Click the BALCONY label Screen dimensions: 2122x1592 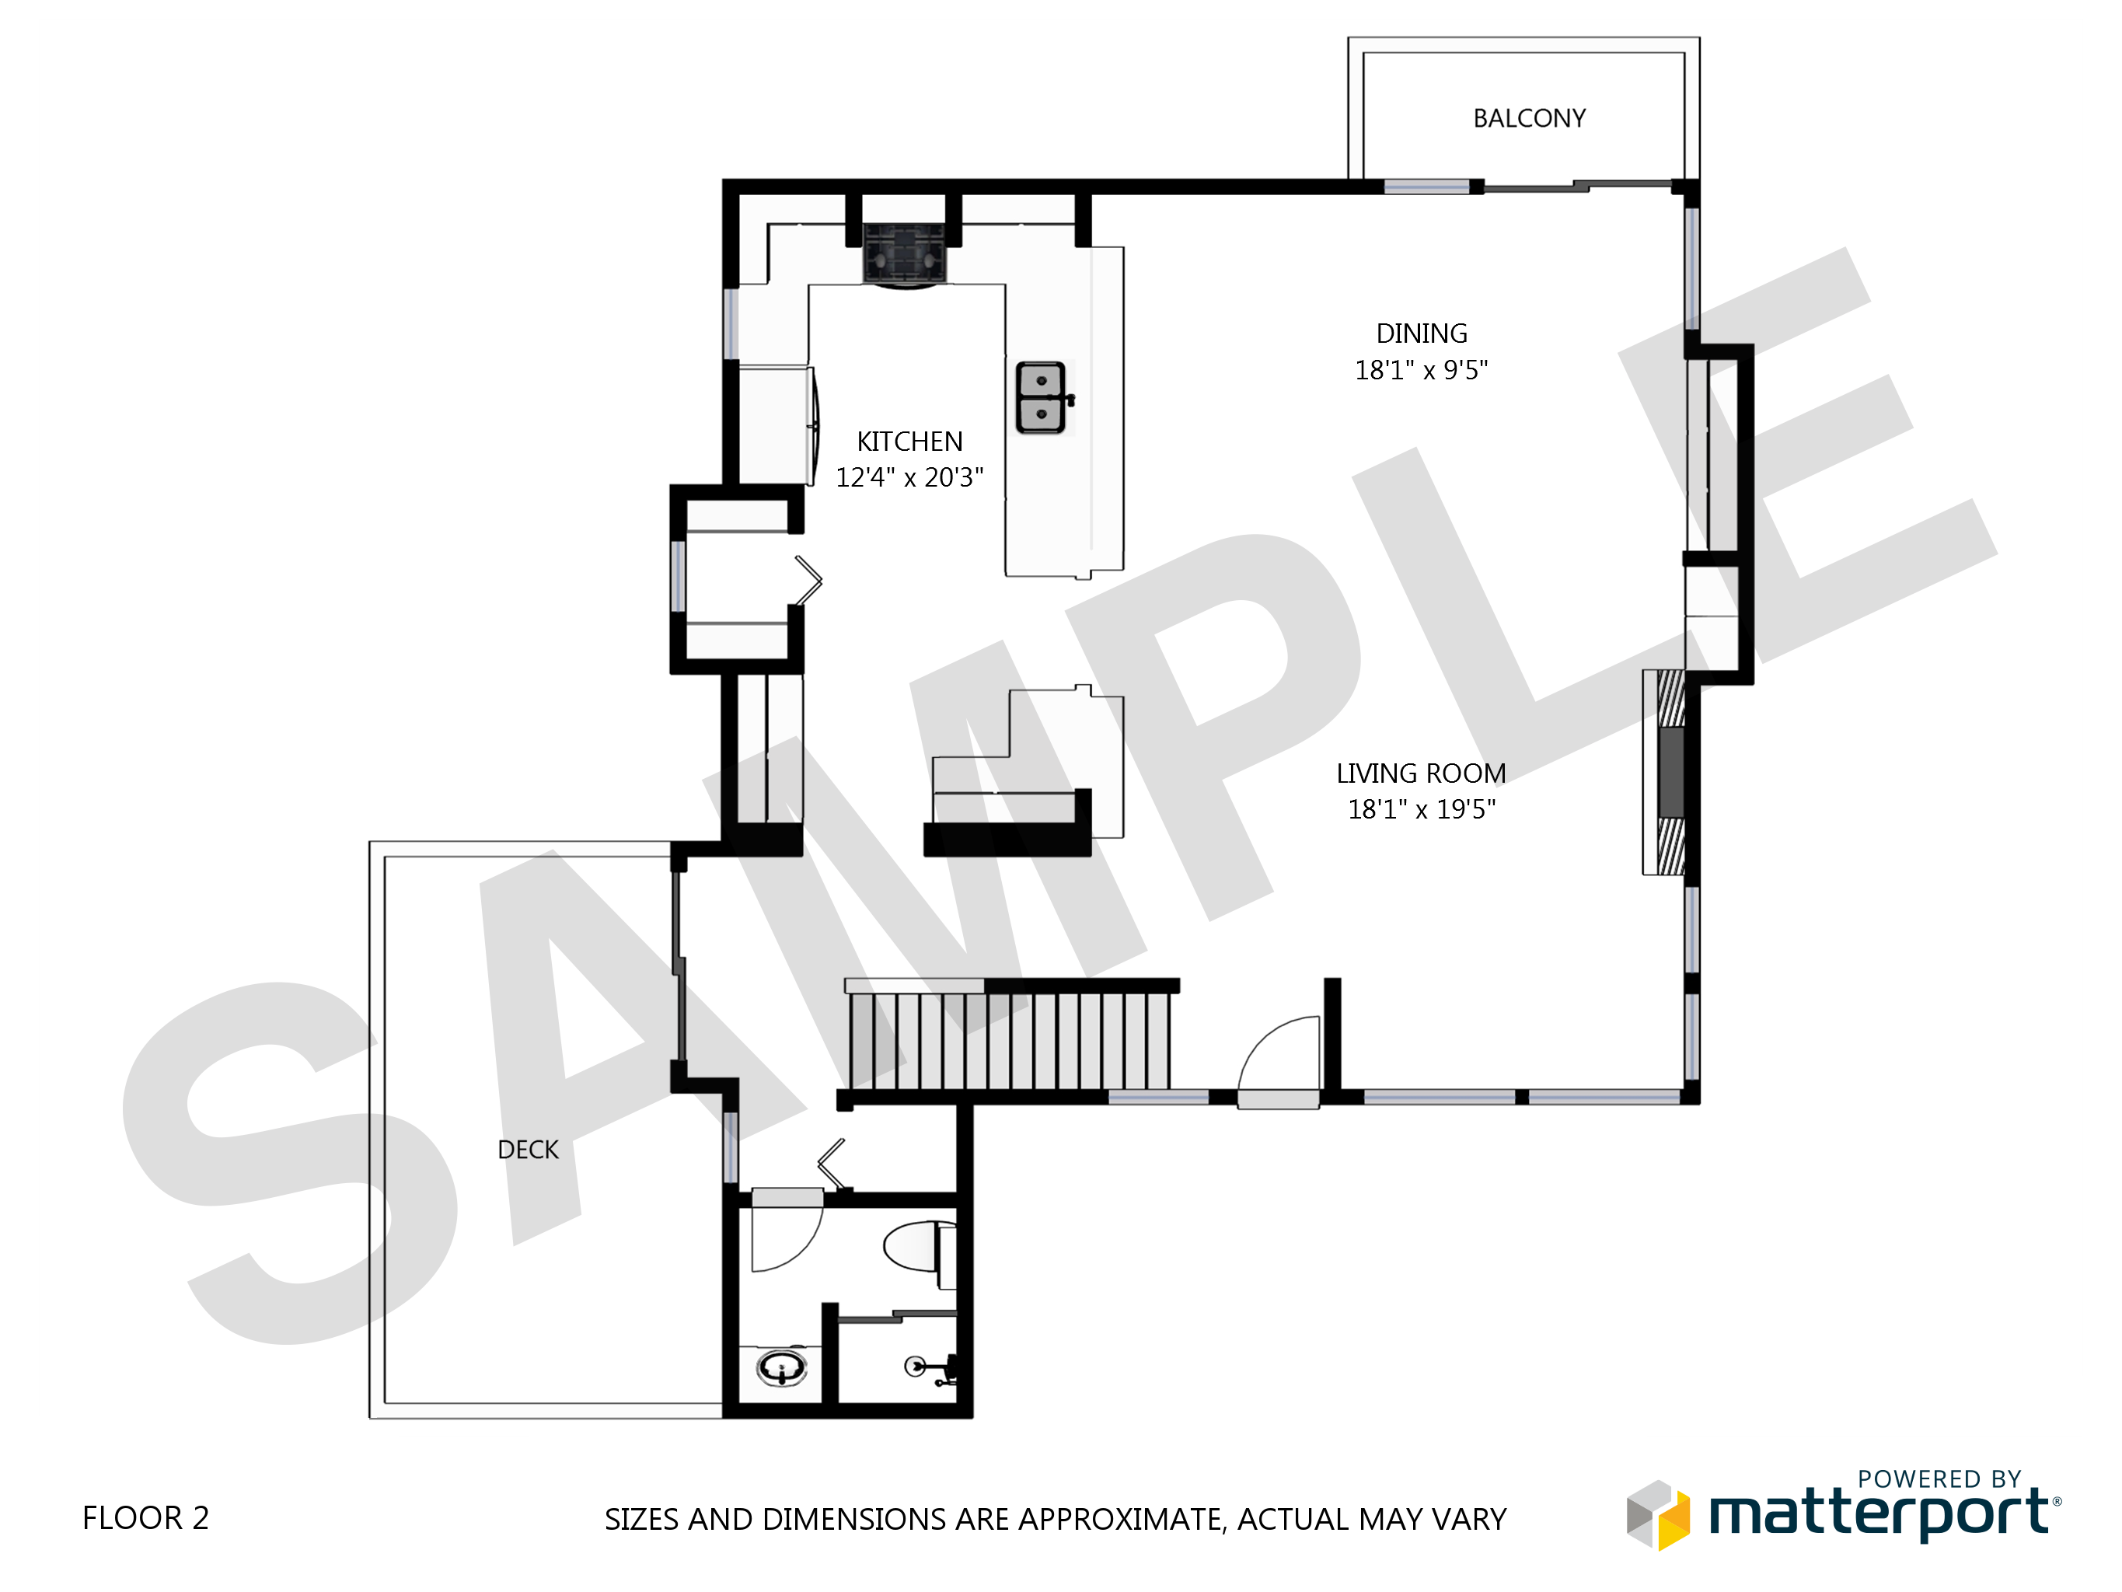(1529, 118)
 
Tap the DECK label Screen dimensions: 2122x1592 (528, 1150)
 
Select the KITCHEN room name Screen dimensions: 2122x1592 (909, 442)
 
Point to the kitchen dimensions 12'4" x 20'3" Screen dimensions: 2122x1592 (909, 477)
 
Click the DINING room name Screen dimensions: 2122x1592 (1422, 333)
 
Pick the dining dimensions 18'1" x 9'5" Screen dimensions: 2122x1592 (1422, 369)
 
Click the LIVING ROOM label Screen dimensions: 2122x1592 (1421, 773)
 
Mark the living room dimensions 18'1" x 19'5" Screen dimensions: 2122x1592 (1422, 809)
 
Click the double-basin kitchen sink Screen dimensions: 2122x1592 (1044, 397)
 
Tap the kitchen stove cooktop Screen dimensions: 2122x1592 (905, 253)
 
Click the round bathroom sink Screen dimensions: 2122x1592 (782, 1367)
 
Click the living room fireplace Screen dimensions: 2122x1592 (1666, 773)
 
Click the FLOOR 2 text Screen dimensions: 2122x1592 (146, 1518)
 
